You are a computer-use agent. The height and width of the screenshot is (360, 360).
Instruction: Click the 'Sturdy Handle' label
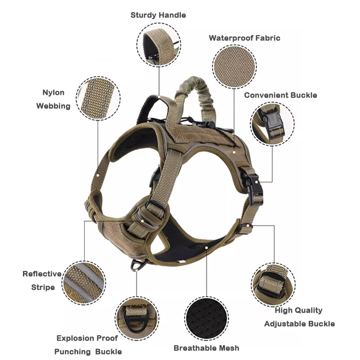pyautogui.click(x=158, y=15)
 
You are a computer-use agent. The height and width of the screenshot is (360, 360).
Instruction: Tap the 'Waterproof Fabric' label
pyautogui.click(x=244, y=38)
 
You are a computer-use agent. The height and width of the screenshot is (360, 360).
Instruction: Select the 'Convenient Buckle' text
pyautogui.click(x=280, y=95)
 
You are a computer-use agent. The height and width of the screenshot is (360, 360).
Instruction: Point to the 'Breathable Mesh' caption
pyautogui.click(x=206, y=348)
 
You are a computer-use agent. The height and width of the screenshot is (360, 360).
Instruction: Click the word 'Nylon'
pyautogui.click(x=53, y=93)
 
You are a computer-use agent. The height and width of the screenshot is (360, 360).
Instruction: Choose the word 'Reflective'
pyautogui.click(x=42, y=274)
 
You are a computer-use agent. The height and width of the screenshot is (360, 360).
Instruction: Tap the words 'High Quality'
pyautogui.click(x=298, y=310)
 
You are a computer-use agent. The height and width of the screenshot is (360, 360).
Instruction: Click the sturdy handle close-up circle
pyautogui.click(x=159, y=45)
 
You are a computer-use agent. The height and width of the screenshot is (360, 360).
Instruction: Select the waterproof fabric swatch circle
pyautogui.click(x=234, y=67)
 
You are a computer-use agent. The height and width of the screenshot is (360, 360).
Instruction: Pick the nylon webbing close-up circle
pyautogui.click(x=98, y=98)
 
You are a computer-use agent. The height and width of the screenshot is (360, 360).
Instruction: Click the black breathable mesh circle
pyautogui.click(x=207, y=319)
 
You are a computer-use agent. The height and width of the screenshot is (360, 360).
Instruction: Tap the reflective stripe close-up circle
pyautogui.click(x=84, y=283)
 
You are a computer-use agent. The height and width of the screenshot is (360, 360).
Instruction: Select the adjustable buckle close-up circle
pyautogui.click(x=273, y=285)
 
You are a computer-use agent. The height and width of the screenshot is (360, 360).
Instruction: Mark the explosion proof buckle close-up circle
pyautogui.click(x=137, y=319)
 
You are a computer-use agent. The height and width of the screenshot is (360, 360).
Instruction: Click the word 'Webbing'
pyautogui.click(x=53, y=106)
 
